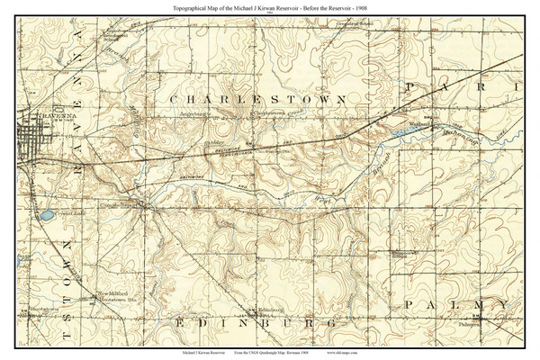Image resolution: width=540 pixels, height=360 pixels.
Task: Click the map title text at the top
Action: pyautogui.click(x=270, y=7)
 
